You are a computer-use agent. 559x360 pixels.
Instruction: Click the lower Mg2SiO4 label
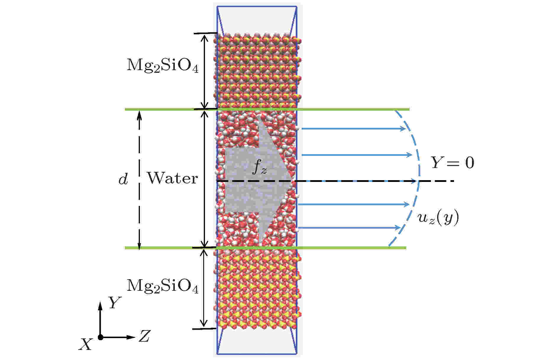coord(162,286)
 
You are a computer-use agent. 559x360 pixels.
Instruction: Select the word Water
coord(172,178)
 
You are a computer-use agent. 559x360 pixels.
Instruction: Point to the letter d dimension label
coord(123,179)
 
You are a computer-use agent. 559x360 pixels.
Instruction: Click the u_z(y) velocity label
coord(438,219)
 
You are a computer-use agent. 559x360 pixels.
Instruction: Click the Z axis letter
coord(144,336)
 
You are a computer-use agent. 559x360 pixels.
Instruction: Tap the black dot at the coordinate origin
coord(100,337)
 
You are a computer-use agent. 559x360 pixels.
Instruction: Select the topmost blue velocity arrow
coord(353,129)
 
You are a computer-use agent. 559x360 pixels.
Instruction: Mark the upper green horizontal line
coord(267,109)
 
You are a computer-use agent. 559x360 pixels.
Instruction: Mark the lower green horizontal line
coord(265,248)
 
